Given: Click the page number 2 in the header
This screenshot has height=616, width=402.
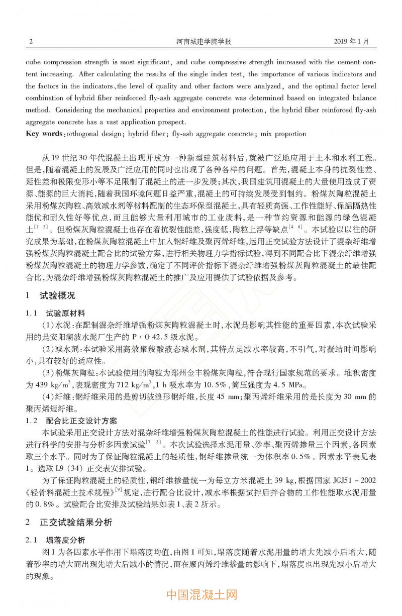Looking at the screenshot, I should pyautogui.click(x=31, y=42).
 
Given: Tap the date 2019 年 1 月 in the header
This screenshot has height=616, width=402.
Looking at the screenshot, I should pyautogui.click(x=351, y=42).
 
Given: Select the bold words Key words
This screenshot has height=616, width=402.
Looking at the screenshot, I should pyautogui.click(x=44, y=134).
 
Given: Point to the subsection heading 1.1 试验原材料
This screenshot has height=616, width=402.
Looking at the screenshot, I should pyautogui.click(x=56, y=313).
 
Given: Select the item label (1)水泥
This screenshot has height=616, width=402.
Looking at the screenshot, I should pyautogui.click(x=59, y=325).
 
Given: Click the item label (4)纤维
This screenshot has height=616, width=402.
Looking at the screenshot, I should pyautogui.click(x=59, y=396).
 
